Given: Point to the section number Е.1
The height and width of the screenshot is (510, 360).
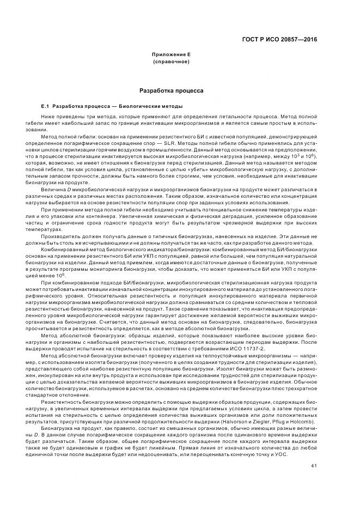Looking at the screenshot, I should pos(46,106).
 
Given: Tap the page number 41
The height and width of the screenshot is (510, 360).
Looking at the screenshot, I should pos(314,450).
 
